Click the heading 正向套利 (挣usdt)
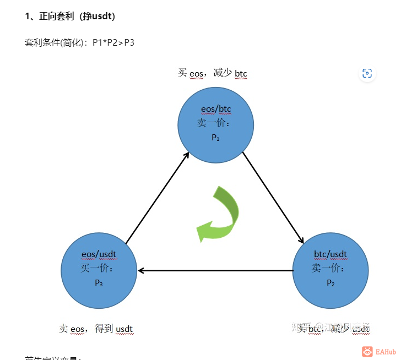pos(70,17)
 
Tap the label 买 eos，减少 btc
pos(213,73)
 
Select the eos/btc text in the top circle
pos(215,110)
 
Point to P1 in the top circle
pos(215,138)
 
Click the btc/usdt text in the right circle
pos(330,254)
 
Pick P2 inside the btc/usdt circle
pos(330,283)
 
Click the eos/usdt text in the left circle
pos(99,254)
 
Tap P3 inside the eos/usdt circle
pos(99,283)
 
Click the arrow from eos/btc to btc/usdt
pos(273,198)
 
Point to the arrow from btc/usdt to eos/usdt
pos(215,270)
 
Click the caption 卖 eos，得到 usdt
pos(96,329)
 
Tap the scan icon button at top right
pos(367,73)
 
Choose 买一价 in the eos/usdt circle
pos(97,269)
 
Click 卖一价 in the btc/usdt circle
pos(329,269)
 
